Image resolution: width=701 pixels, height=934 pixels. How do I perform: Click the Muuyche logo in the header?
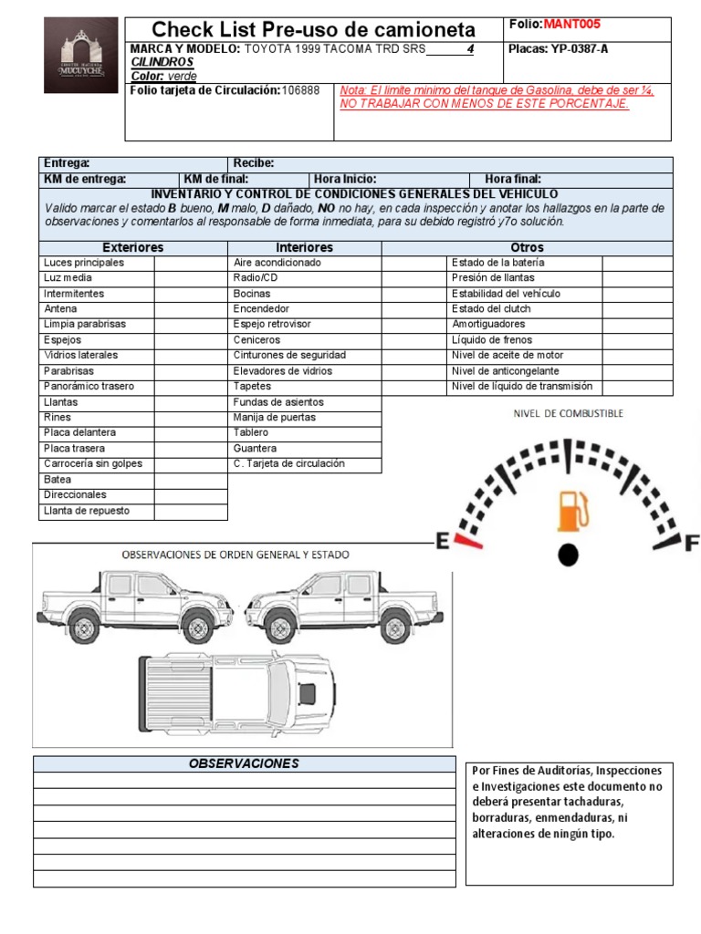pyautogui.click(x=81, y=55)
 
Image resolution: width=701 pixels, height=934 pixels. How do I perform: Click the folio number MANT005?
pyautogui.click(x=572, y=25)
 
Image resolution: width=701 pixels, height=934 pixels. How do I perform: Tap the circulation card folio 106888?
pyautogui.click(x=300, y=90)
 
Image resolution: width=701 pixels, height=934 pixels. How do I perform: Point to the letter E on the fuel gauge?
pyautogui.click(x=443, y=543)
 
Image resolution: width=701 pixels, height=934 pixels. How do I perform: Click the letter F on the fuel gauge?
pyautogui.click(x=691, y=544)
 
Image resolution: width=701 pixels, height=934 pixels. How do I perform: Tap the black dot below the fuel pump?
pyautogui.click(x=569, y=554)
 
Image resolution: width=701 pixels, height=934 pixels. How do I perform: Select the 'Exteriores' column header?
pyautogui.click(x=133, y=247)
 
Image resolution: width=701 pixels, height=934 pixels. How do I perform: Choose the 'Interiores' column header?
pyautogui.click(x=304, y=247)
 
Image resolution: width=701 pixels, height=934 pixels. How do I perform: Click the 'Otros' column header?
pyautogui.click(x=527, y=247)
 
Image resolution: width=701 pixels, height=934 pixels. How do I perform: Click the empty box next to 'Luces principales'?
pyautogui.click(x=190, y=263)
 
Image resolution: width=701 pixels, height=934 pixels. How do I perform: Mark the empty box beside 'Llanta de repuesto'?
pyautogui.click(x=190, y=511)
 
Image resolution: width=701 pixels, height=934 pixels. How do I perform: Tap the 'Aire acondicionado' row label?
pyautogui.click(x=277, y=263)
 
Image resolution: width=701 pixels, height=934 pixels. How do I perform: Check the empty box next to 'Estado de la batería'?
pyautogui.click(x=637, y=263)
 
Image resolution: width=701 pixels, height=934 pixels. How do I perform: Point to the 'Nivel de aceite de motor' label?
pyautogui.click(x=507, y=356)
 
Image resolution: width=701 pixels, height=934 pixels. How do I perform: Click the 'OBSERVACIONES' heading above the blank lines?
pyautogui.click(x=244, y=763)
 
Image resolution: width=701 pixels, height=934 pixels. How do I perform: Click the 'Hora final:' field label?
pyautogui.click(x=513, y=179)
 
